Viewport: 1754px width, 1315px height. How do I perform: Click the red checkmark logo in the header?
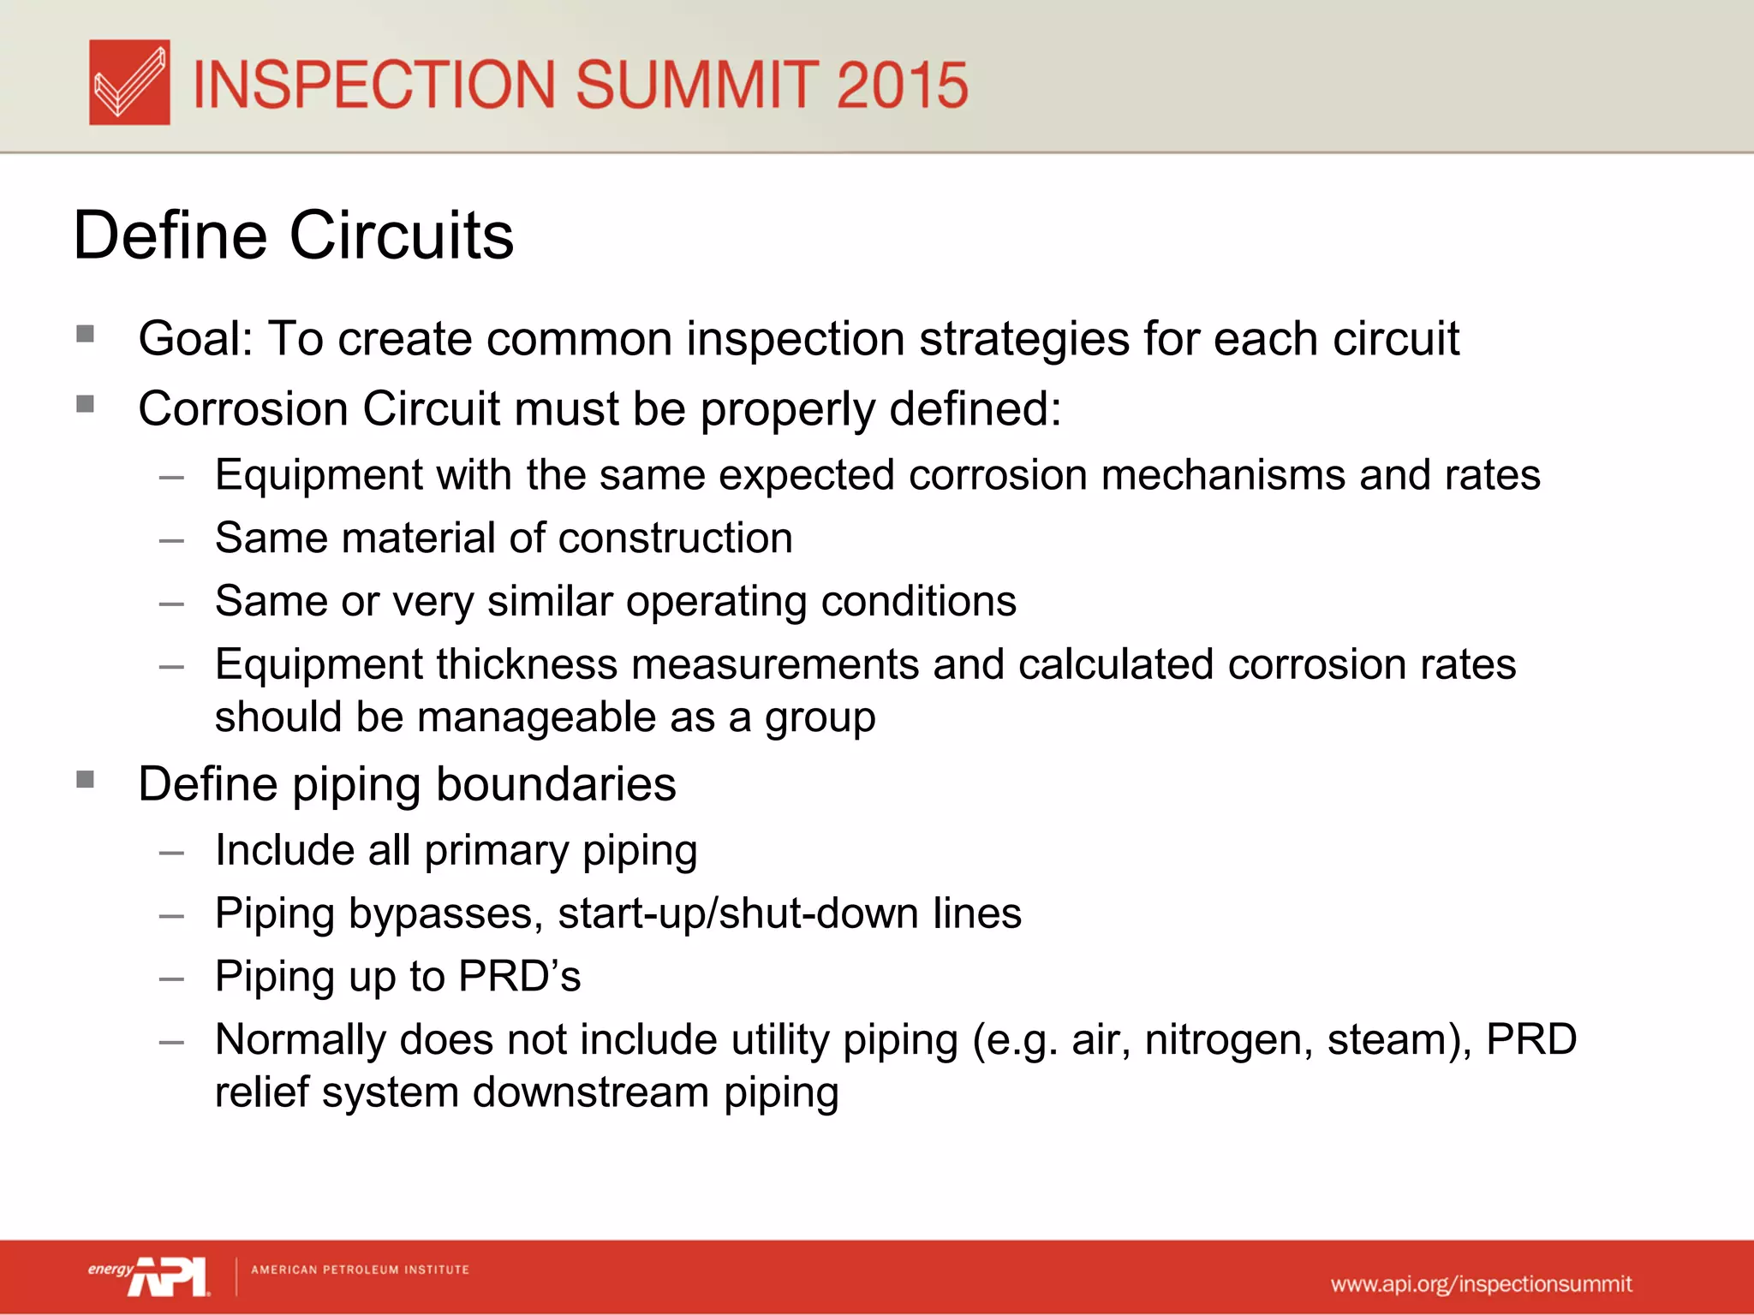point(129,82)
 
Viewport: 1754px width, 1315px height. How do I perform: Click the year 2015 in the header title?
point(901,85)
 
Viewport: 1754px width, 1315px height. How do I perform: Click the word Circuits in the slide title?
point(402,235)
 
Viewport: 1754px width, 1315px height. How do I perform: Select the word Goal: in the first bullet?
point(196,339)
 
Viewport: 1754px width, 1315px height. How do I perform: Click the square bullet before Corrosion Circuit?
point(85,403)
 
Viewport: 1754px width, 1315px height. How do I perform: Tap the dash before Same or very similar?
point(171,604)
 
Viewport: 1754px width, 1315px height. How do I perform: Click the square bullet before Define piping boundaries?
point(85,779)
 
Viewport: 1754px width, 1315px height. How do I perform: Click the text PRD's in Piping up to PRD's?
point(519,977)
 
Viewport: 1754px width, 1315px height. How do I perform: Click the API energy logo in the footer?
point(149,1276)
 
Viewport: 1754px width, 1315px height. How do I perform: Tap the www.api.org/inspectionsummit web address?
point(1481,1284)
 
